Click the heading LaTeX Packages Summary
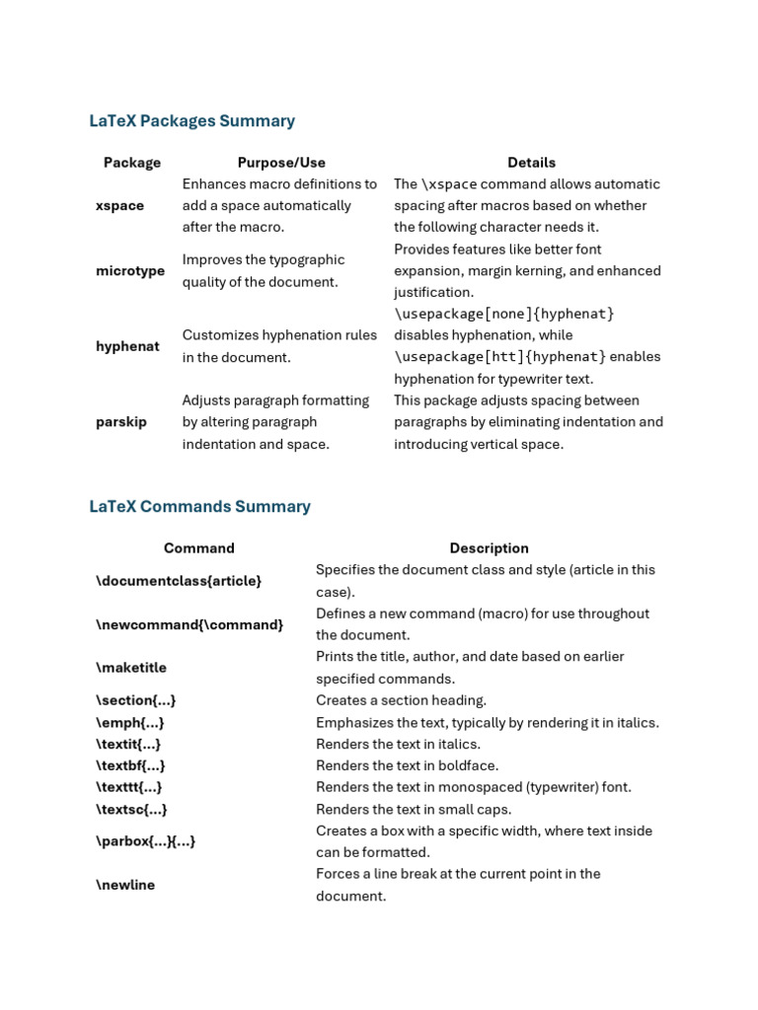pos(191,121)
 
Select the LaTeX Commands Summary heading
pos(199,507)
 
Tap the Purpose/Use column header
pos(281,163)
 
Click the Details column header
pos(531,163)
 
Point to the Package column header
pos(132,163)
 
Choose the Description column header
pos(489,548)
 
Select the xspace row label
pos(119,206)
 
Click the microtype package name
pos(130,271)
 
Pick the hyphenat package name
pos(127,346)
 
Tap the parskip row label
pos(121,422)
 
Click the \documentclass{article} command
pos(179,581)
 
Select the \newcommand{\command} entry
pos(189,624)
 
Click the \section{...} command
pos(136,700)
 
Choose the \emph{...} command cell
pos(130,723)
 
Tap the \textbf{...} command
pos(130,765)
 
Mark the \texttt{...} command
pos(129,787)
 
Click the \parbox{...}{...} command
pos(145,841)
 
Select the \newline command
pos(125,885)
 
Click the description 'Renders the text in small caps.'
pos(414,810)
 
